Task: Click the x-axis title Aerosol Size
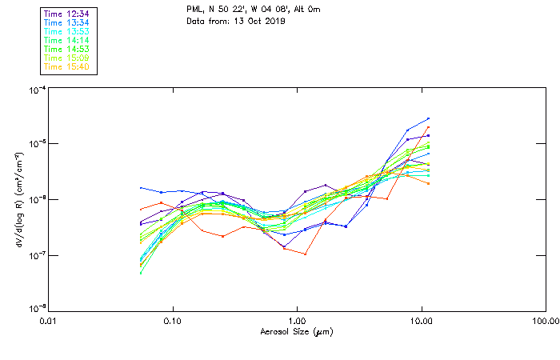[296, 330]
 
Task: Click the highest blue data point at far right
[428, 118]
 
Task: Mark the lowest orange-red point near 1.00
[306, 254]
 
